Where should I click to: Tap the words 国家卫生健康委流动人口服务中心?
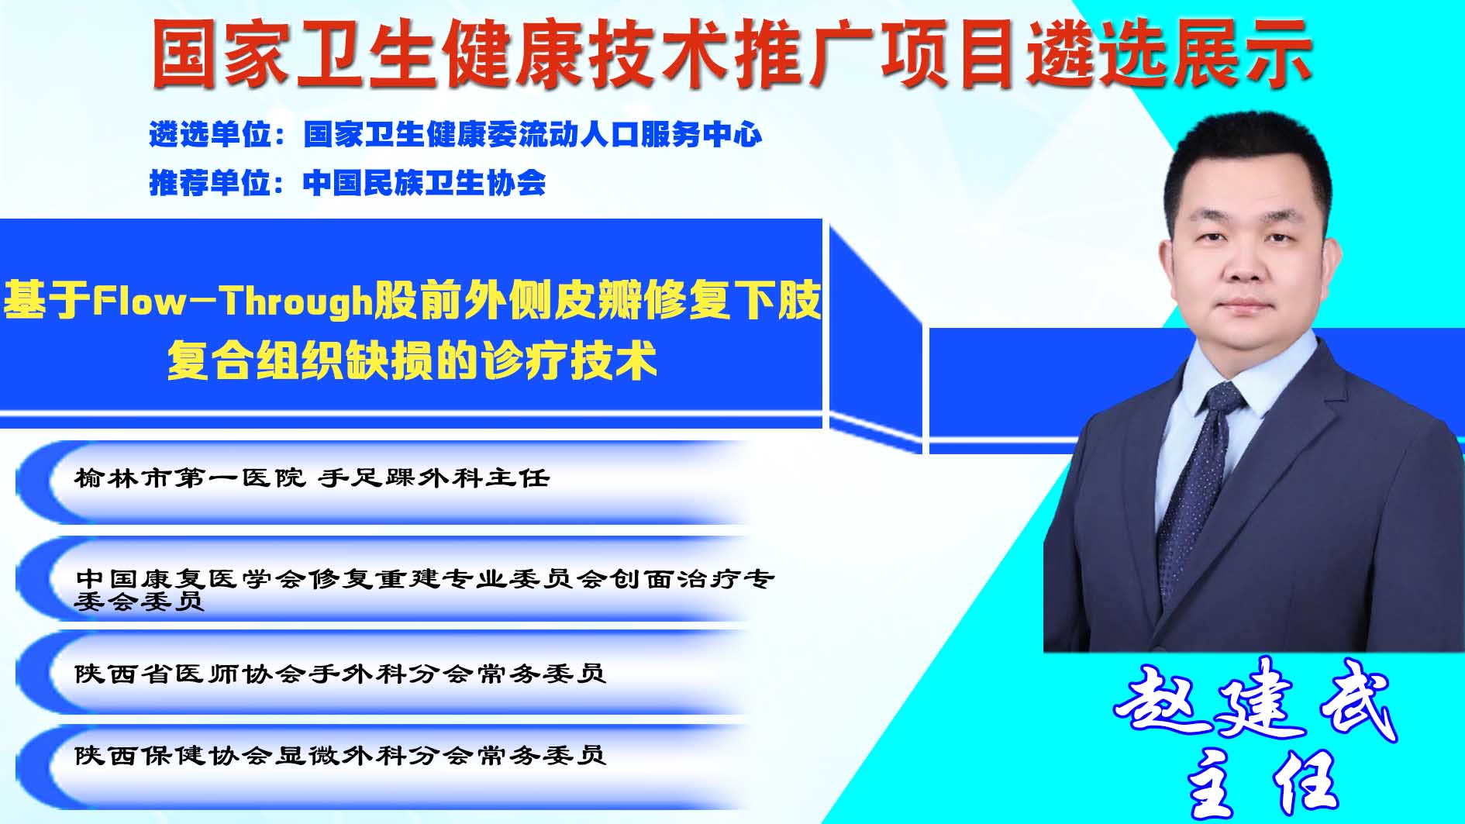point(533,135)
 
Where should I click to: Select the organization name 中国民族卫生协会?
point(425,183)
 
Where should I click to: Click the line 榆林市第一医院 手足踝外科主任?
point(312,478)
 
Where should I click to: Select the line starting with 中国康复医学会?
point(425,589)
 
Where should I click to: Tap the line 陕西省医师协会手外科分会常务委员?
point(340,673)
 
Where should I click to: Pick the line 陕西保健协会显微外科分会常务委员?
point(340,754)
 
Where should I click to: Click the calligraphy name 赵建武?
point(1255,701)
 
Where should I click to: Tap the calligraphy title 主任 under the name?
point(1264,784)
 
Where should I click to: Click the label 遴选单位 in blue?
point(210,135)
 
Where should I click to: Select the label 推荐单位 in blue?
point(210,183)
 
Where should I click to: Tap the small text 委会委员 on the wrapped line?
point(140,601)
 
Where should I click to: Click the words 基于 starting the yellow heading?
point(47,301)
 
